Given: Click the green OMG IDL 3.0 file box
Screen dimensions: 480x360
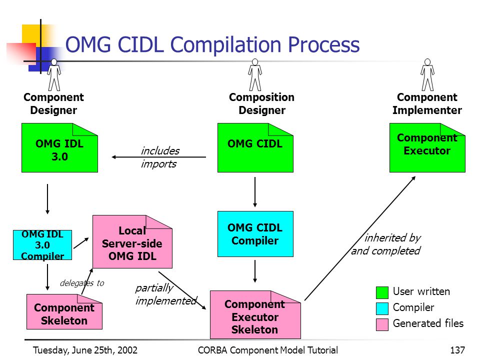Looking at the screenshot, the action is click(59, 147).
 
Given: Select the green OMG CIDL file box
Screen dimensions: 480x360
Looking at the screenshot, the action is click(255, 147).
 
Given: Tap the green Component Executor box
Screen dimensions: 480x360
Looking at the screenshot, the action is click(427, 147).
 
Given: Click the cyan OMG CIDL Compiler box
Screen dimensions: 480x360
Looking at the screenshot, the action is click(255, 234).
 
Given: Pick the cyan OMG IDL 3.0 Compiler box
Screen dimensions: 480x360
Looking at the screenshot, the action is click(42, 245).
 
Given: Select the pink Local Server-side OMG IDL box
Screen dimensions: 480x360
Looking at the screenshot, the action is click(132, 242).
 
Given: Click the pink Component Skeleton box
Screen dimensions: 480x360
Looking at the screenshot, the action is click(64, 311).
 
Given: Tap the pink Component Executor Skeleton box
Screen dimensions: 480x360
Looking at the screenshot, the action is click(255, 314).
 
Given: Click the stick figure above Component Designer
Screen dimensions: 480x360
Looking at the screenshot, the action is click(54, 74).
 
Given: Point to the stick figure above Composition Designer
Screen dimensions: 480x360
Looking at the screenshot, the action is click(255, 74).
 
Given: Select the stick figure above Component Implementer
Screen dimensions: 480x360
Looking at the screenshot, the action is click(427, 74).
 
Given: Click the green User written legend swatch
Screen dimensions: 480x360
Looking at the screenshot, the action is click(382, 292).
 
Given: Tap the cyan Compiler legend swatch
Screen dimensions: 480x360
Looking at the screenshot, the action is click(382, 308).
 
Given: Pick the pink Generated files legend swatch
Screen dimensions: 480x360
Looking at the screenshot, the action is click(382, 324).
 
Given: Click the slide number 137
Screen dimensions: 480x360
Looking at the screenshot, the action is click(457, 350).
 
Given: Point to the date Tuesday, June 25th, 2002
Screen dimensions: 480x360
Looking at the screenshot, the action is click(85, 350).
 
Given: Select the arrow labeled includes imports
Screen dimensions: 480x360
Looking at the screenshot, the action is click(159, 157).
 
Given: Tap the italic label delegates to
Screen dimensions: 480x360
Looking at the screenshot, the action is click(82, 283).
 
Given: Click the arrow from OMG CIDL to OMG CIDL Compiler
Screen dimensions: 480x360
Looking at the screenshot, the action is click(255, 192).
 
